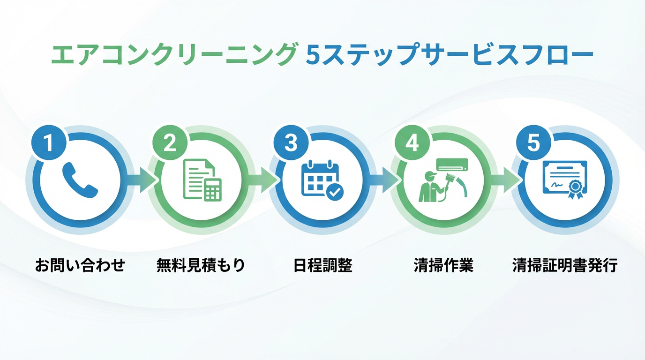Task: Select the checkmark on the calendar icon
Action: [335, 192]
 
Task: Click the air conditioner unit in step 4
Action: [452, 164]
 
